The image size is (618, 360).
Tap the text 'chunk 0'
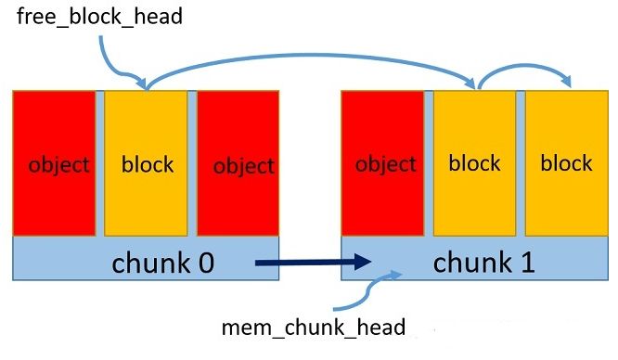[x=163, y=263]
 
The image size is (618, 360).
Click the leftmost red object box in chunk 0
[x=54, y=162]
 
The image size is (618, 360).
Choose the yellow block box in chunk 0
[x=147, y=162]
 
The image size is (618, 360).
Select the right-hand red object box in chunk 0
[x=238, y=162]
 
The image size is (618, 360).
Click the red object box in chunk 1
[x=383, y=162]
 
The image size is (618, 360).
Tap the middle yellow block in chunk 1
[x=474, y=162]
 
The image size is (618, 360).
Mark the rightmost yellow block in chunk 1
[x=565, y=162]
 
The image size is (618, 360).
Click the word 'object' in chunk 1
[x=385, y=164]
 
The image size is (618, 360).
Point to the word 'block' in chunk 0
[x=148, y=164]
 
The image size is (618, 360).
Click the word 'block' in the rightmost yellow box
[x=566, y=163]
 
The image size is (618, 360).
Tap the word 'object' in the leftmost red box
[x=58, y=165]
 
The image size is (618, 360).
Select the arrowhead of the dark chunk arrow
[x=363, y=264]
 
